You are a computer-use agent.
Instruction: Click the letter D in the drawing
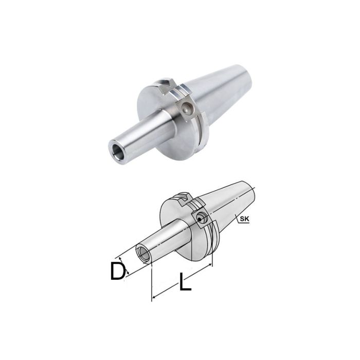(118, 271)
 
